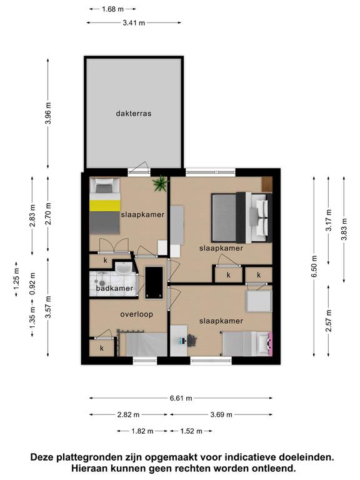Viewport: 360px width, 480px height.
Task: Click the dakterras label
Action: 134,113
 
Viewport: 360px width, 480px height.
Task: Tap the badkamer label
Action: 114,288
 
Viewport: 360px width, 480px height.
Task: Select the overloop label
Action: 136,314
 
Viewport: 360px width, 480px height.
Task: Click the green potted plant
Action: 161,184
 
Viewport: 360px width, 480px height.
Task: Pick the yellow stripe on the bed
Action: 105,206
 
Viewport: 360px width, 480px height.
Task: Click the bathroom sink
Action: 124,268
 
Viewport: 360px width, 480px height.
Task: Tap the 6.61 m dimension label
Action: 181,398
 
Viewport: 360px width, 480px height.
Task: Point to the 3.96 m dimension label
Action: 48,113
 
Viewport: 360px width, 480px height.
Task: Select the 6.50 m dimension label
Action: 314,266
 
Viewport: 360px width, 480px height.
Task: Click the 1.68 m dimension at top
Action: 112,9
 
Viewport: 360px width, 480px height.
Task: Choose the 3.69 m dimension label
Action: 221,415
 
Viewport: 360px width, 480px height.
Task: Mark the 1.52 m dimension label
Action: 191,431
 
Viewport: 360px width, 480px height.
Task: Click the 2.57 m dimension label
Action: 329,321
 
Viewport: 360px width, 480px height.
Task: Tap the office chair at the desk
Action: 192,341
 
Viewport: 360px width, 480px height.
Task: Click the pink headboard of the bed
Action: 270,344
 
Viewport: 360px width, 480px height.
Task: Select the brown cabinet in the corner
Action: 267,184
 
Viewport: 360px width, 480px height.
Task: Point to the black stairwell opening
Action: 154,282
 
